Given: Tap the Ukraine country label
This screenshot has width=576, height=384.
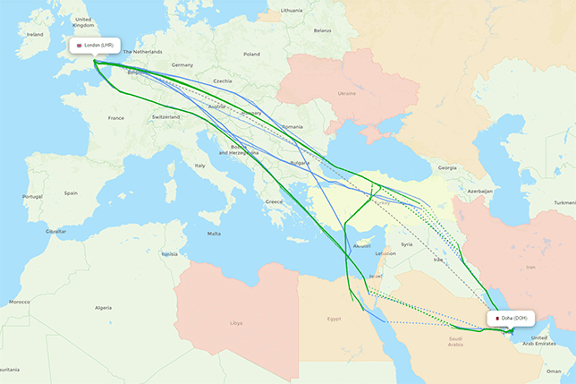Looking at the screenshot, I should point(346,93).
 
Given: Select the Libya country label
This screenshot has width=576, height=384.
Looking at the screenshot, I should point(236,322).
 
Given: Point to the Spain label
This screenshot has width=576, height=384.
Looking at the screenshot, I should point(71,192).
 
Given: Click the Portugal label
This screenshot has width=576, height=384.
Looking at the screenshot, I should point(33,196).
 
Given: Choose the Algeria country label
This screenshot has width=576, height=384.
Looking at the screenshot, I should point(104,307).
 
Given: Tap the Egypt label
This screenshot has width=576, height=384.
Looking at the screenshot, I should point(334,318).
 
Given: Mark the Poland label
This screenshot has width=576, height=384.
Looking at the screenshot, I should point(251,54).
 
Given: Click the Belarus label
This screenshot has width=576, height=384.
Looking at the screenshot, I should point(322,30).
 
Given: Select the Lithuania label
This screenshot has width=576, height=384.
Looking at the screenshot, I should point(292,10).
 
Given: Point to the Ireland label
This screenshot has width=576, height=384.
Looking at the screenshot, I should point(35,34).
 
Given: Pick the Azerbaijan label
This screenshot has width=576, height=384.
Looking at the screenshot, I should point(480,191).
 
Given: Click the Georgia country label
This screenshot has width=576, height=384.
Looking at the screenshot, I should point(446,167).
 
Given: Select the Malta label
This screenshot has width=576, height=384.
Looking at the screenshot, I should point(214,234).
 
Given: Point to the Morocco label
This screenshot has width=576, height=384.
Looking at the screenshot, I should point(20,302).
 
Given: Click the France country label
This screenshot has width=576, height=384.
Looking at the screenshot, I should point(116,117).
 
